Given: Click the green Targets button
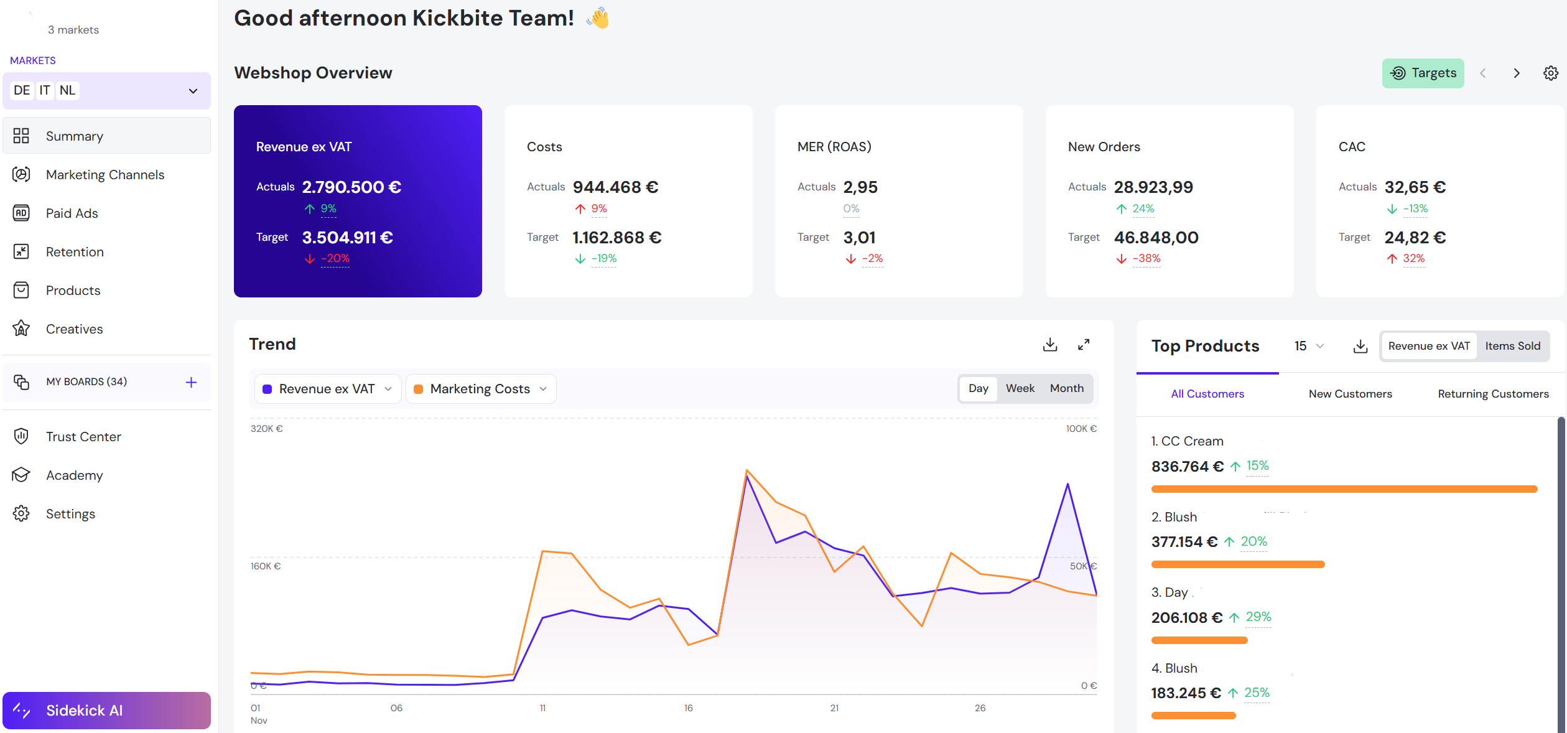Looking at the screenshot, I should click(1423, 73).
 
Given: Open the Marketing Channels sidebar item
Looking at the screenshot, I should click(105, 175).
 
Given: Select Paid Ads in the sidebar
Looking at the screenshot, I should click(72, 213).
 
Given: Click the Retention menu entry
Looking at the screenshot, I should click(75, 252).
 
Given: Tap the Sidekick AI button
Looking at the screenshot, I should click(106, 710).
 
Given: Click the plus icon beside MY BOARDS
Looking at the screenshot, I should click(191, 382).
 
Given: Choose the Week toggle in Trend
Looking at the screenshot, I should click(1020, 388).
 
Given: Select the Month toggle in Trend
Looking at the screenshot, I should click(1066, 388).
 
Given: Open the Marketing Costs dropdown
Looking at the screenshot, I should click(481, 389).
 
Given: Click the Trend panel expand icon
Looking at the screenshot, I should click(1083, 345).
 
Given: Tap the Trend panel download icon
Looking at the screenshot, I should click(1050, 345).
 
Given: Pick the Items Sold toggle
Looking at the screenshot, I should click(1512, 346).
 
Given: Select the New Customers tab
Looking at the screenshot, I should click(1350, 394).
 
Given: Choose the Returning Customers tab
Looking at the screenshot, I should click(1492, 394).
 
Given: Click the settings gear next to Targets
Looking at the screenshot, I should click(1550, 73).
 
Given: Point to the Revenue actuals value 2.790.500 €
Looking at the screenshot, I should click(351, 187).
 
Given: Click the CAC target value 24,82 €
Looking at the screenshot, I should click(1415, 238).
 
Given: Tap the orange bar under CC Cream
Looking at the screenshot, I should click(1344, 489).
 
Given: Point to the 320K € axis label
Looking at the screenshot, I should click(266, 429).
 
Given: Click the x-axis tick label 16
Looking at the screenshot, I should click(688, 708).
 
